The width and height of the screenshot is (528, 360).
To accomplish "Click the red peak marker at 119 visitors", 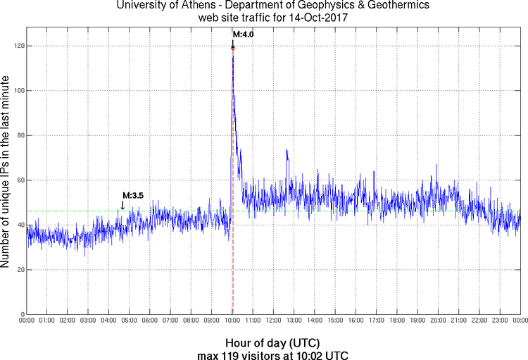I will click(x=232, y=48).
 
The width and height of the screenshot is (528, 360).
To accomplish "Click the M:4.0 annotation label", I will click(x=243, y=34).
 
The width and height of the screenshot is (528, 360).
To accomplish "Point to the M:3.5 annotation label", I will click(x=133, y=196).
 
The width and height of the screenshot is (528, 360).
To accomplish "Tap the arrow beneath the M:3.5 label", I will click(x=123, y=205).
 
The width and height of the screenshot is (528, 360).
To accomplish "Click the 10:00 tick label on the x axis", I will click(x=232, y=321).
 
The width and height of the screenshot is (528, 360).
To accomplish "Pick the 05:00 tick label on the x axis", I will click(x=130, y=321).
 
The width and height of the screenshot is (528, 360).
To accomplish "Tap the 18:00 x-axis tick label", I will click(x=397, y=321).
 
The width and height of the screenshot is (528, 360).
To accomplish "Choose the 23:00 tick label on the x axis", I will click(x=500, y=321).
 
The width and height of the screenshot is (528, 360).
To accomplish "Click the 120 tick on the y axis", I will click(x=18, y=46).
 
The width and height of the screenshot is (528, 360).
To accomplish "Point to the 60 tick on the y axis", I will click(x=20, y=180).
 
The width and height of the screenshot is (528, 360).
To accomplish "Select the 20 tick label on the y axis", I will click(x=20, y=270).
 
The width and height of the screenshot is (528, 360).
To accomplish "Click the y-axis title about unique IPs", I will click(x=6, y=170).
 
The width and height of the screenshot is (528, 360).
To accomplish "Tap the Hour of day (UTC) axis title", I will click(x=273, y=341).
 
